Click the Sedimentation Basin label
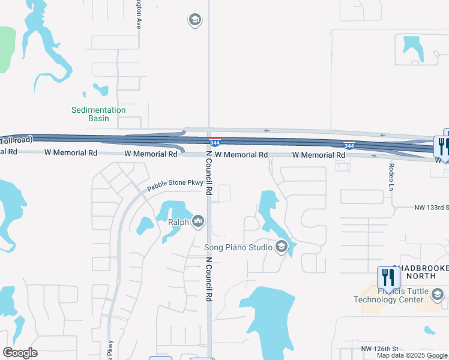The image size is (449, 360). [x=98, y=114]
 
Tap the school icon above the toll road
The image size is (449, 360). [x=194, y=20]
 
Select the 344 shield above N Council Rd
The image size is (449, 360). [x=215, y=143]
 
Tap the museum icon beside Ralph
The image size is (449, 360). [x=198, y=223]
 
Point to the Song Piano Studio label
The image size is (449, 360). [x=238, y=247]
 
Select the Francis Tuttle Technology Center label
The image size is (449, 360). [x=391, y=295]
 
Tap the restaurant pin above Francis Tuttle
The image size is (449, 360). [x=388, y=278]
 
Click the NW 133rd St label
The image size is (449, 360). [x=431, y=208]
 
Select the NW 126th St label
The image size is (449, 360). [x=380, y=349]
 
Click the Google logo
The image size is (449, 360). [x=20, y=353]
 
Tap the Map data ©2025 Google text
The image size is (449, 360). [x=411, y=355]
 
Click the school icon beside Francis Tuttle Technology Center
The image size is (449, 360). [x=438, y=294]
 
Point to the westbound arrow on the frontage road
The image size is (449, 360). [x=265, y=130]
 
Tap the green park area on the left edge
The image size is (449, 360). [x=6, y=48]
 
